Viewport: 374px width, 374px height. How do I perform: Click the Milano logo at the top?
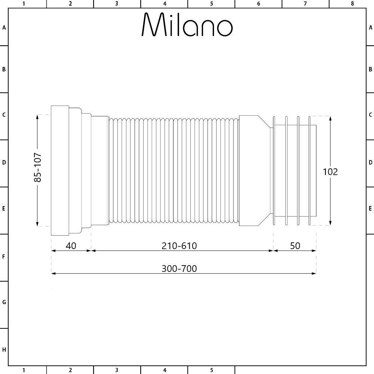pos(187,25)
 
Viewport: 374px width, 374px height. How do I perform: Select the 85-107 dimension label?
pos(38,167)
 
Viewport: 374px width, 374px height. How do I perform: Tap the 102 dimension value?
pos(330,172)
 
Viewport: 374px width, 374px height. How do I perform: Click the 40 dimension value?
pos(71,246)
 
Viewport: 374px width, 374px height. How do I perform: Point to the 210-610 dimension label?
pos(179,246)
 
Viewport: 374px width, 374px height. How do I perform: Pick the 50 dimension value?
pos(295,246)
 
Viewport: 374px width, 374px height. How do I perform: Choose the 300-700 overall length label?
pos(179,269)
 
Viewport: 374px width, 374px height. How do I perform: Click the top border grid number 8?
pos(352,4)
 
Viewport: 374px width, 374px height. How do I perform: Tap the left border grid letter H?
pos(4,350)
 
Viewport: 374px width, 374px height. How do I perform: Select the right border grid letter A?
pos(370,28)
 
